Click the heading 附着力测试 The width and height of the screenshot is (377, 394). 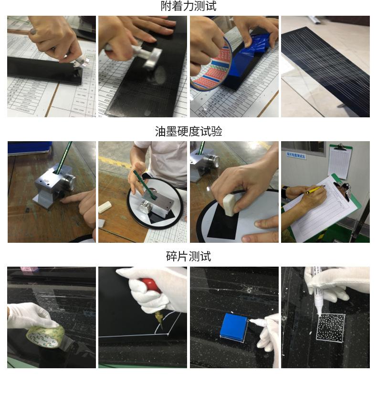coord(188,6)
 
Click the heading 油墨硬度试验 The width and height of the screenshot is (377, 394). coord(188,132)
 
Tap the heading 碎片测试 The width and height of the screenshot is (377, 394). coord(188,257)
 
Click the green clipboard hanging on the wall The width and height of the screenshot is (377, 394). coord(340,161)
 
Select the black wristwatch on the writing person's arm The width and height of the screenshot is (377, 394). coord(285,193)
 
